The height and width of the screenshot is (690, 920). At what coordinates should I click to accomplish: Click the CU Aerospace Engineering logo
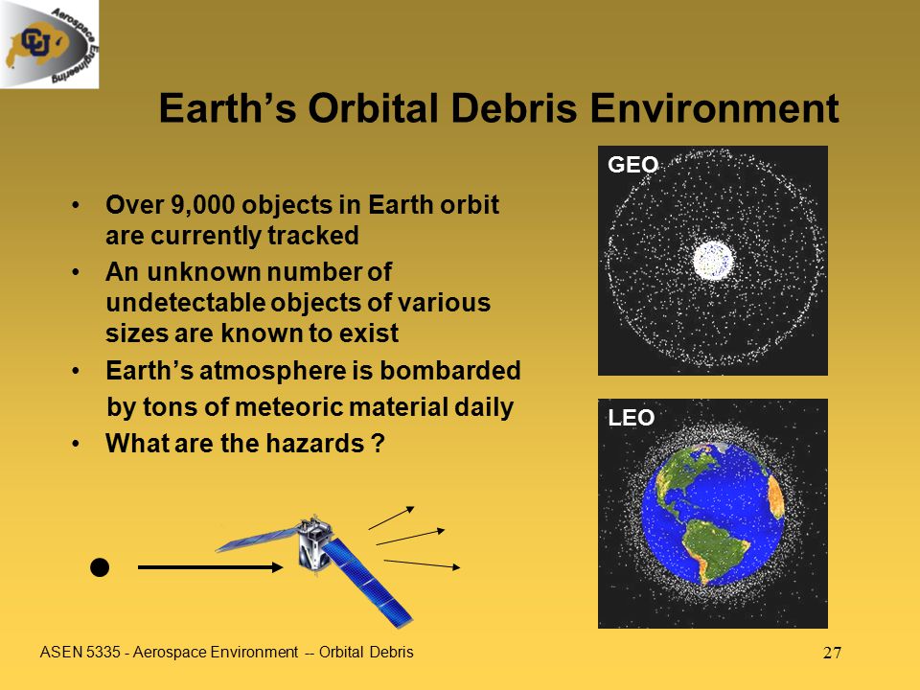[49, 44]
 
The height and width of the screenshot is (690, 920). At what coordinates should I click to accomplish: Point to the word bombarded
[450, 370]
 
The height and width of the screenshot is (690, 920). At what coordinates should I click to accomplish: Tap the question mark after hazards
[379, 444]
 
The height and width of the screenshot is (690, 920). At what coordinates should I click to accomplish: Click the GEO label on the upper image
[633, 164]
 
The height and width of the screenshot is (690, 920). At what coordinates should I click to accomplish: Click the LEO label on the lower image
[632, 418]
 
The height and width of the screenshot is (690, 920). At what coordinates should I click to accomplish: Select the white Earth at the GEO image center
[713, 261]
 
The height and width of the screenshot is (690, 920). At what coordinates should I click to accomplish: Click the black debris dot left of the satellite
[100, 567]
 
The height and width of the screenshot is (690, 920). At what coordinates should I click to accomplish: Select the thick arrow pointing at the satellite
[210, 567]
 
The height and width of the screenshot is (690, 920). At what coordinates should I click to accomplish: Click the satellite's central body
[314, 544]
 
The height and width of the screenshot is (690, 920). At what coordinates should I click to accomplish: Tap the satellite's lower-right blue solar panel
[368, 582]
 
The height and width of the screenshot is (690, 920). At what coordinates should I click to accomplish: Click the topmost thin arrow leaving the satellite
[391, 518]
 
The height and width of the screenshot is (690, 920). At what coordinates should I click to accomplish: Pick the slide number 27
[832, 653]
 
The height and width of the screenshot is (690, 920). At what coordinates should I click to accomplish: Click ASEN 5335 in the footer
[80, 652]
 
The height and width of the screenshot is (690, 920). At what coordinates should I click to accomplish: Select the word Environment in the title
[714, 108]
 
